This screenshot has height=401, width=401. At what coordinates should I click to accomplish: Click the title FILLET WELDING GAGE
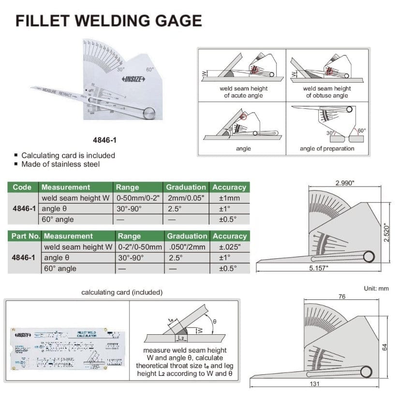click(x=109, y=21)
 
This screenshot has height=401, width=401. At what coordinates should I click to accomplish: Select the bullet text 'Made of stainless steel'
click(x=60, y=164)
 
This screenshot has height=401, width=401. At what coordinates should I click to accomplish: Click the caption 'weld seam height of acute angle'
click(x=243, y=92)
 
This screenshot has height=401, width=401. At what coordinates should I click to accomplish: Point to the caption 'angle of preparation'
click(x=327, y=149)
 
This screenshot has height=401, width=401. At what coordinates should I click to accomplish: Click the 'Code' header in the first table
click(x=22, y=187)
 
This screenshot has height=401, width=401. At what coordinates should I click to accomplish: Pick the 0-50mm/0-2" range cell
click(x=137, y=198)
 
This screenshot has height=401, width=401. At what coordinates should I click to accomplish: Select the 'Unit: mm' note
click(x=376, y=288)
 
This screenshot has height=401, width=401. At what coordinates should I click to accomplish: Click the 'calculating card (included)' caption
click(x=122, y=292)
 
